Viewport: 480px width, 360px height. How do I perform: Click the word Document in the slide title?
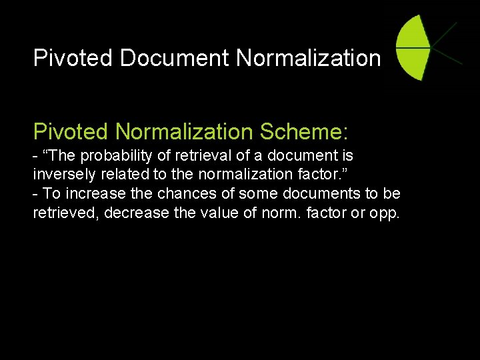pos(175,58)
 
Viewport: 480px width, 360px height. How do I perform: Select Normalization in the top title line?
pos(308,58)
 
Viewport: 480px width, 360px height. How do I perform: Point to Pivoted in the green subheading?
pos(71,131)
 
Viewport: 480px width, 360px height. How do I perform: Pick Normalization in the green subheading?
pos(184,131)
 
